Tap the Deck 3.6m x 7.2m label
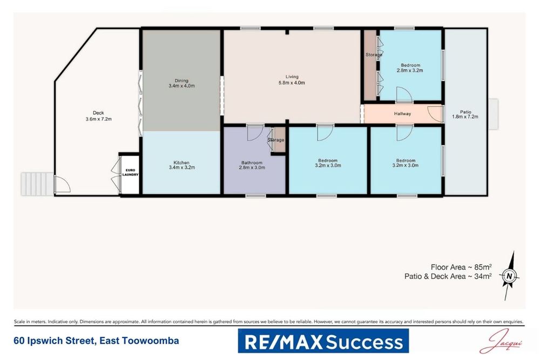94,116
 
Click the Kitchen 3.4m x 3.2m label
181,165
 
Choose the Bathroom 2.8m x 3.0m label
252,166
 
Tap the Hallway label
402,114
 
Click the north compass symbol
509,276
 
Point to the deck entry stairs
37,184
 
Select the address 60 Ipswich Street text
96,341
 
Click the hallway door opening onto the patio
435,114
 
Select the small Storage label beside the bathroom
276,140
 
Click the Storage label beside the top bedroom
374,55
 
